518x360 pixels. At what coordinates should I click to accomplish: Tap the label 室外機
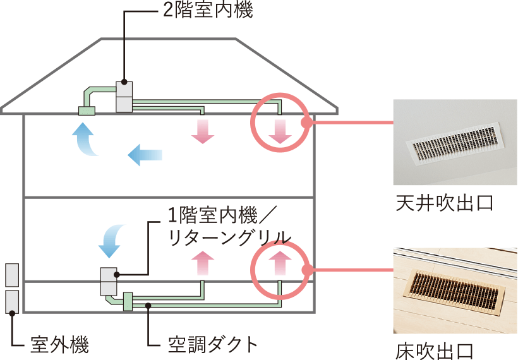[x=60, y=345]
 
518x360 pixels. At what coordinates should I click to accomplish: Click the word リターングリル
[x=230, y=237]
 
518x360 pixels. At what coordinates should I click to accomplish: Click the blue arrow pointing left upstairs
[x=145, y=154]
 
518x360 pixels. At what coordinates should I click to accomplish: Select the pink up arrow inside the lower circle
[x=278, y=261]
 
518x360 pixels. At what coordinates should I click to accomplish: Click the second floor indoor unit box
[x=124, y=97]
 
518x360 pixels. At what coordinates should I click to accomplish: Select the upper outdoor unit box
[x=12, y=275]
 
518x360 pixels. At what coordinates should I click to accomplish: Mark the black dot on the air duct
[x=148, y=306]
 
